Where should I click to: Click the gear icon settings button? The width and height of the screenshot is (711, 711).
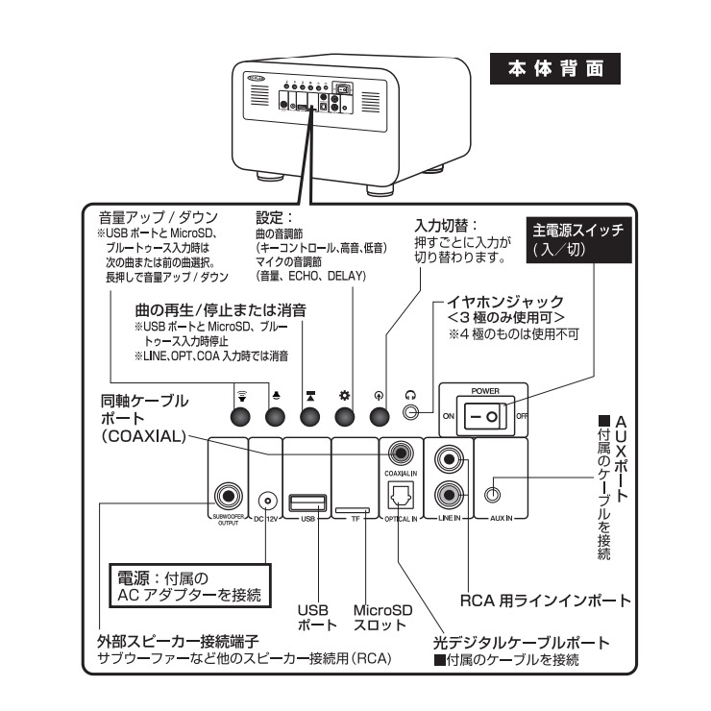pos(345,417)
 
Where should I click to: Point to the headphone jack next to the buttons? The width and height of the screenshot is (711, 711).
pos(412,416)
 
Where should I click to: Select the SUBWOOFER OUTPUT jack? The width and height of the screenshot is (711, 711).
pos(228,496)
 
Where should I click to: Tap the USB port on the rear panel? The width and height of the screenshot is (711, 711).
pos(307,501)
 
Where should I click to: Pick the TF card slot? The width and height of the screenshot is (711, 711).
pos(355,506)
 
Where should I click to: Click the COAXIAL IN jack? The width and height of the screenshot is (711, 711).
pos(397,452)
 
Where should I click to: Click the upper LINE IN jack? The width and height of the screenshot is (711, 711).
pos(449,458)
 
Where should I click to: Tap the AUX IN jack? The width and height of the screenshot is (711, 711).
pos(493,496)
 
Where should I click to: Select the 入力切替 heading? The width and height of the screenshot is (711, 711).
pos(446,225)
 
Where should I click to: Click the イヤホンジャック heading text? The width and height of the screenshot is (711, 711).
pos(507,302)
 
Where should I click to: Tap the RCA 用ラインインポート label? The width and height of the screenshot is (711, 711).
pos(543,601)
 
